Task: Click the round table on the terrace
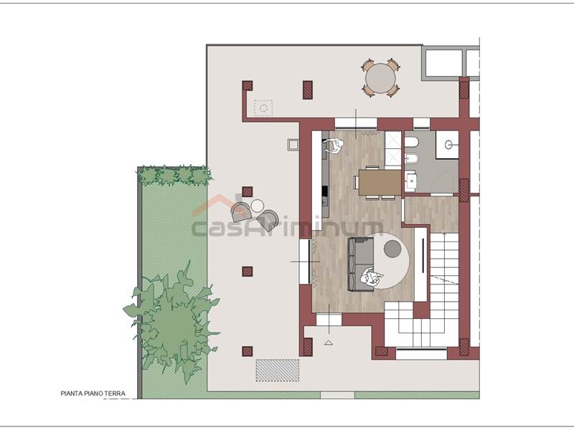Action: click(x=381, y=78)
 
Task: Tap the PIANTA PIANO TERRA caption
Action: click(x=93, y=393)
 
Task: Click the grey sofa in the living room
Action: click(x=361, y=264)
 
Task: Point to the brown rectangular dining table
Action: click(x=380, y=183)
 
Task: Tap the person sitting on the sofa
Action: click(x=371, y=277)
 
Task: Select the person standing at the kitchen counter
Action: click(x=334, y=146)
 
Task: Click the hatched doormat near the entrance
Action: click(x=278, y=371)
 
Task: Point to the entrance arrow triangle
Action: click(x=329, y=343)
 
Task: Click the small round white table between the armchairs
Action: click(x=258, y=206)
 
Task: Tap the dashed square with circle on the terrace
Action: click(x=263, y=108)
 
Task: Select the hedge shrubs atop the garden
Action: click(x=174, y=176)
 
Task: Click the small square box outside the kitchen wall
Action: click(x=293, y=145)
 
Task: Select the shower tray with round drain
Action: click(x=447, y=145)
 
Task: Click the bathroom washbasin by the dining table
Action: click(x=411, y=181)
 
